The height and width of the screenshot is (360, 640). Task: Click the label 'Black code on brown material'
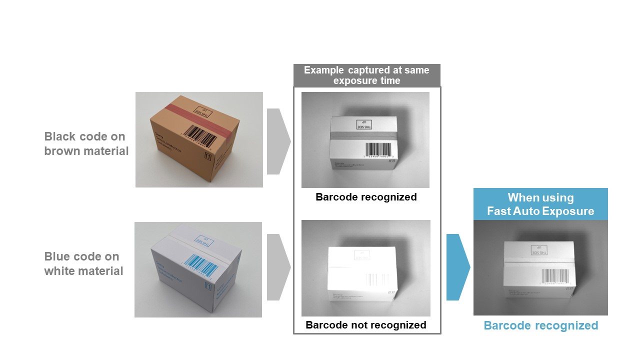pyautogui.click(x=86, y=143)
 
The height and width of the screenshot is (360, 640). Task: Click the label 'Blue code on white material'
pyautogui.click(x=83, y=263)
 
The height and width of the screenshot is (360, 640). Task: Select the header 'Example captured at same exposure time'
pyautogui.click(x=366, y=75)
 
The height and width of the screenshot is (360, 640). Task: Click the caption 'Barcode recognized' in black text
pyautogui.click(x=366, y=197)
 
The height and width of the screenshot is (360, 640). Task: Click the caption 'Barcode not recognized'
pyautogui.click(x=366, y=325)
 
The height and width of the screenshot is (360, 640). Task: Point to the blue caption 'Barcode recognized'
pyautogui.click(x=540, y=326)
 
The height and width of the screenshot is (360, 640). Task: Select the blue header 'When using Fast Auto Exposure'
pyautogui.click(x=540, y=204)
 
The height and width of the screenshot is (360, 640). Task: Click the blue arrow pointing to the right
pyautogui.click(x=457, y=267)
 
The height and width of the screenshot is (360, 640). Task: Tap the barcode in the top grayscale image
pyautogui.click(x=379, y=149)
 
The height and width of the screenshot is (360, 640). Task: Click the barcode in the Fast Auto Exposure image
pyautogui.click(x=554, y=275)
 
